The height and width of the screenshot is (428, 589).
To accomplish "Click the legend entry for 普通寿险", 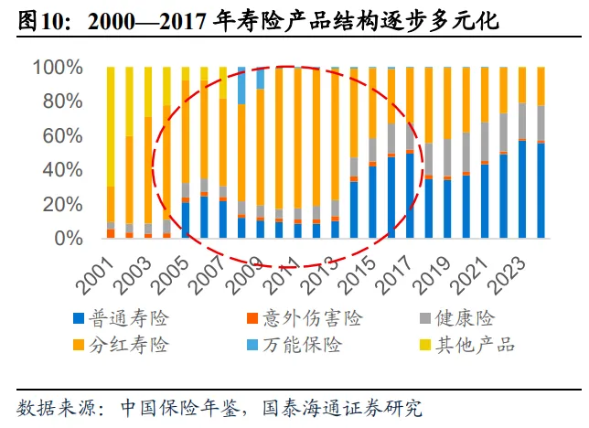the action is point(121,318).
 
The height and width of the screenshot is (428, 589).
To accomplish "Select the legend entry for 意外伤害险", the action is point(305,318).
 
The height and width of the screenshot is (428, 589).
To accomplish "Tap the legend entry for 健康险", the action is point(456,318).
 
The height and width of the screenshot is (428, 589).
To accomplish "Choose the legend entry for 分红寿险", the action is point(121,345).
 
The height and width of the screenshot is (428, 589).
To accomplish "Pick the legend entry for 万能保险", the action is point(294,345).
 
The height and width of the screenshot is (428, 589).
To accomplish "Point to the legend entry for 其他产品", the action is point(467,345).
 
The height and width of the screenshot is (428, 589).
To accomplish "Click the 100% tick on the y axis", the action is point(58,68).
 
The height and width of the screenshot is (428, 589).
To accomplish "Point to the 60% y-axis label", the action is point(62,135).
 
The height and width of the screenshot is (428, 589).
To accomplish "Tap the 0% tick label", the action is point(69,239).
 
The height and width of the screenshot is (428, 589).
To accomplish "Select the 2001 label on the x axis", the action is point(96,276).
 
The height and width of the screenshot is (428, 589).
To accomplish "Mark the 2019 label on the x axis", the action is point(433,276).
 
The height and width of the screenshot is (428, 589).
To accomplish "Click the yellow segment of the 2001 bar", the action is point(111,127).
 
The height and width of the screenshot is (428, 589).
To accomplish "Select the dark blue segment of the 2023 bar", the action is point(522,189).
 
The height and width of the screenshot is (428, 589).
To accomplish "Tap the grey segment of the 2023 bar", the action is point(522,121).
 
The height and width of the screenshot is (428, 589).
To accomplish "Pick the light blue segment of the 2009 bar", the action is point(261,78).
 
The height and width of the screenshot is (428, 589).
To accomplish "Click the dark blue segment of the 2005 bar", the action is point(186,220).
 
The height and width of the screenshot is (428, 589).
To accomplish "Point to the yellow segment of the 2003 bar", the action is point(148,92).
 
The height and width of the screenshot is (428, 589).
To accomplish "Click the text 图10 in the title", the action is point(37,21).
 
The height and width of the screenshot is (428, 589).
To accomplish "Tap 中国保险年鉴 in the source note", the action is point(180,408).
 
